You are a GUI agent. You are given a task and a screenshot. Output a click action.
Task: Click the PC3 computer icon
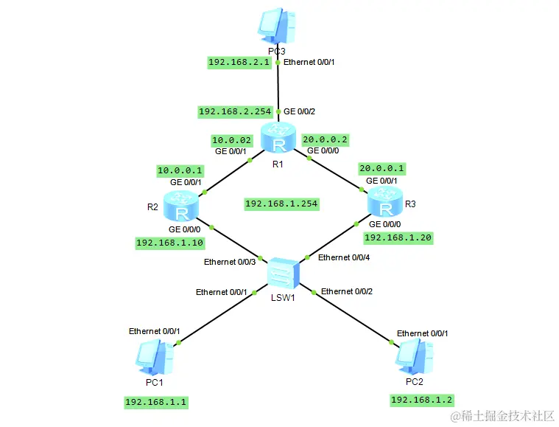(x=277, y=26)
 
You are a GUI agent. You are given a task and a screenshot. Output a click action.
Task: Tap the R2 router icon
(x=181, y=206)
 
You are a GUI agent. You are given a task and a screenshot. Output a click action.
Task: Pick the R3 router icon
(x=385, y=201)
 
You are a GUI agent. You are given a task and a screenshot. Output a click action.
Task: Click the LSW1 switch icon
(x=284, y=274)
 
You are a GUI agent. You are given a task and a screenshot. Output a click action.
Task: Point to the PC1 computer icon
(x=154, y=357)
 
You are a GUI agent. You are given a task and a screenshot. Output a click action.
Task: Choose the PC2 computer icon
(x=414, y=356)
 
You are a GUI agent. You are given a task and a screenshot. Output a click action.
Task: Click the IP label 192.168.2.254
(x=235, y=112)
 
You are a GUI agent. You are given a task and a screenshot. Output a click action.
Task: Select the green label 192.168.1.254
(x=281, y=204)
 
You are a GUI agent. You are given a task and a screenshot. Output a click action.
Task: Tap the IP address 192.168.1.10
(x=170, y=243)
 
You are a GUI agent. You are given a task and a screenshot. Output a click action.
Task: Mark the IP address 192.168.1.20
(x=398, y=237)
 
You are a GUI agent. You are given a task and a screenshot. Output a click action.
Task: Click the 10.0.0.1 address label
(x=180, y=170)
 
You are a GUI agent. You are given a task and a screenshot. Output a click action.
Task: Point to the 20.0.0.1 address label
(x=382, y=169)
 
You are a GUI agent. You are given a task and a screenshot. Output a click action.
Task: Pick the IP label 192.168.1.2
(x=422, y=400)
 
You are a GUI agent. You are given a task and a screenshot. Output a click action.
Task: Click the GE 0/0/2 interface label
(x=299, y=112)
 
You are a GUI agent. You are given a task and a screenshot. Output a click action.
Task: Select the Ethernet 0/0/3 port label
(x=230, y=262)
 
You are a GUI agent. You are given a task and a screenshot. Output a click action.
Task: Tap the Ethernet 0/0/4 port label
(x=344, y=258)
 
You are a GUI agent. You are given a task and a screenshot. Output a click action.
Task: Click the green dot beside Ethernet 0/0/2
(x=314, y=292)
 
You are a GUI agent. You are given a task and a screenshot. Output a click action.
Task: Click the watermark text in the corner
(x=503, y=416)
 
